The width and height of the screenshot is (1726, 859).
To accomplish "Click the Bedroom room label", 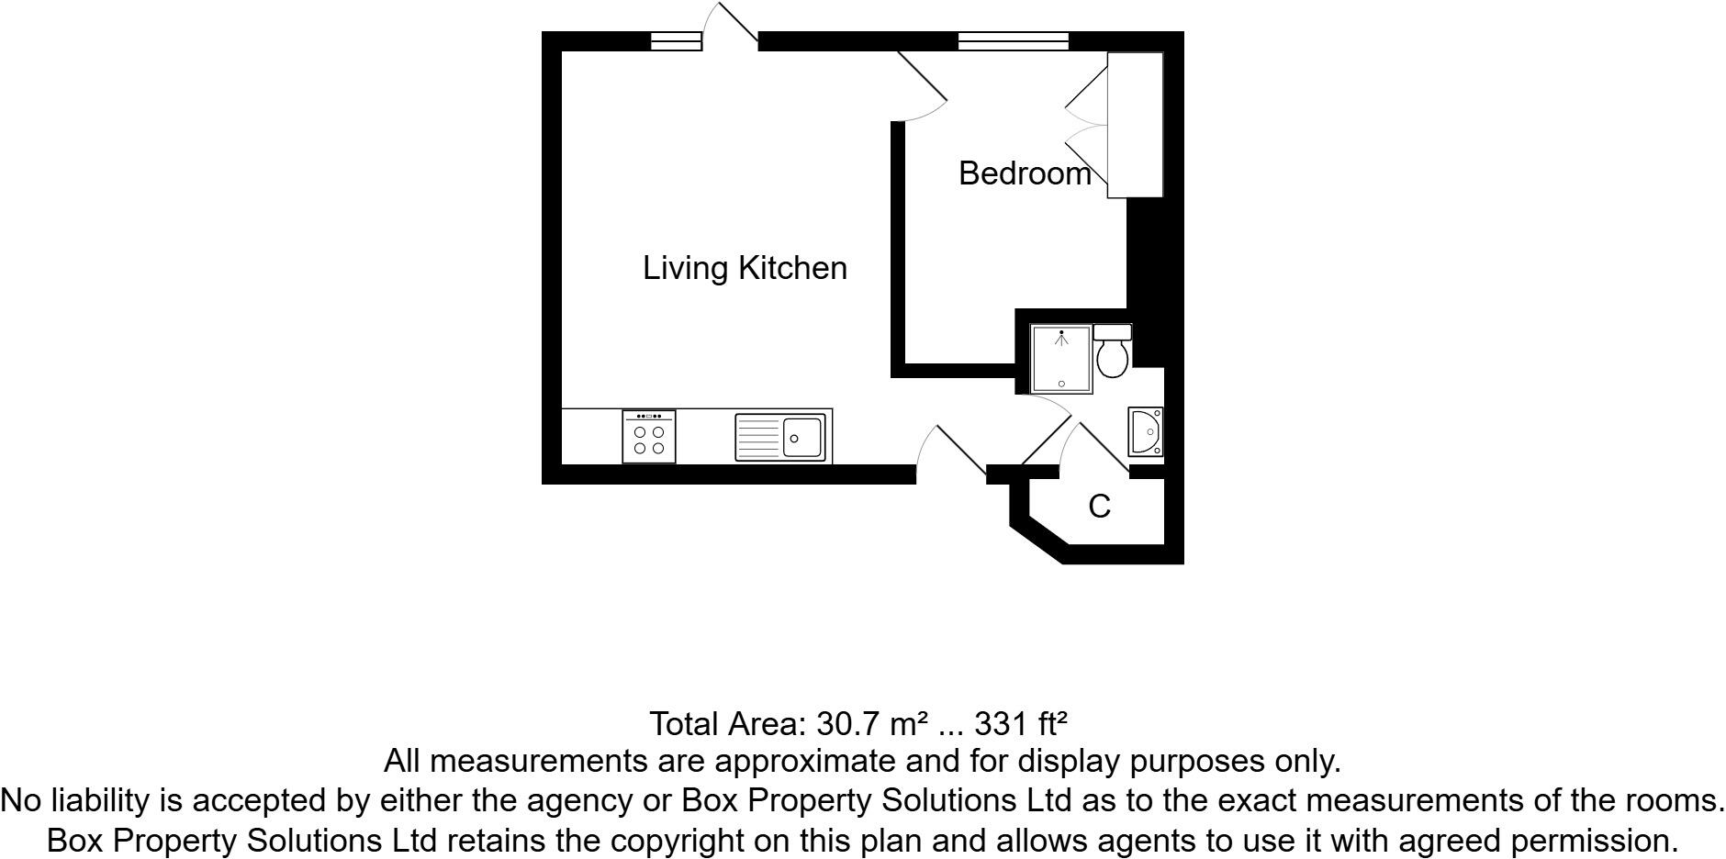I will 1025,173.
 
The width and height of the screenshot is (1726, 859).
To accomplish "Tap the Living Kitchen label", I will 745,268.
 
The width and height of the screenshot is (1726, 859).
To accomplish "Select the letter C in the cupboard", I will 1099,507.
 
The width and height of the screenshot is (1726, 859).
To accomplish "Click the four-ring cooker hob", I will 649,437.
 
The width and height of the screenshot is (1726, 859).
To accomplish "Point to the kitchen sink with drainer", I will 782,437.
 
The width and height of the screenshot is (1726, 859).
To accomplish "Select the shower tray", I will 1061,359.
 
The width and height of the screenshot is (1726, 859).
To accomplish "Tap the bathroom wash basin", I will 1146,431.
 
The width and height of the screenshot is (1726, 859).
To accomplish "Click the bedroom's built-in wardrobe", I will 1136,125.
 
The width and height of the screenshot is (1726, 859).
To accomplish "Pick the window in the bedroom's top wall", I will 1014,40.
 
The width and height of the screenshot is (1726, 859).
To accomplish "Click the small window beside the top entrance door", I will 676,40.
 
